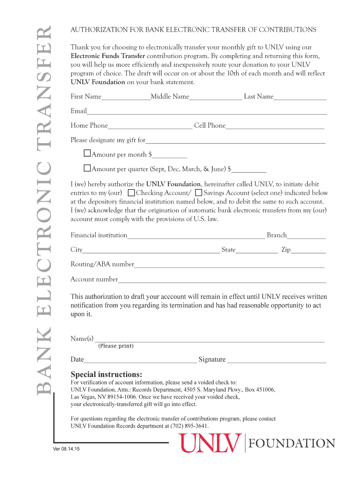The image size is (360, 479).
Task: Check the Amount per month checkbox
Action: click(87, 153)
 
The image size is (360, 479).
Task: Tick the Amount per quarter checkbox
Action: click(87, 168)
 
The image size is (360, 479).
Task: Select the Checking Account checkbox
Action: click(131, 192)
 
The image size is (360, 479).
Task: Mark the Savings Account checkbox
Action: click(199, 192)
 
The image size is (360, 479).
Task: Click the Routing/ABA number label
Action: click(102, 264)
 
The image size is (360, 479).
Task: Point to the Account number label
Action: click(94, 279)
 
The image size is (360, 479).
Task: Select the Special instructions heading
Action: click(106, 374)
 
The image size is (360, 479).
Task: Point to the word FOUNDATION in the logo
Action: click(293, 443)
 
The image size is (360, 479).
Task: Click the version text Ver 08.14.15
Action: click(66, 449)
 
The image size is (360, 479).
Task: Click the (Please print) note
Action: click(115, 346)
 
